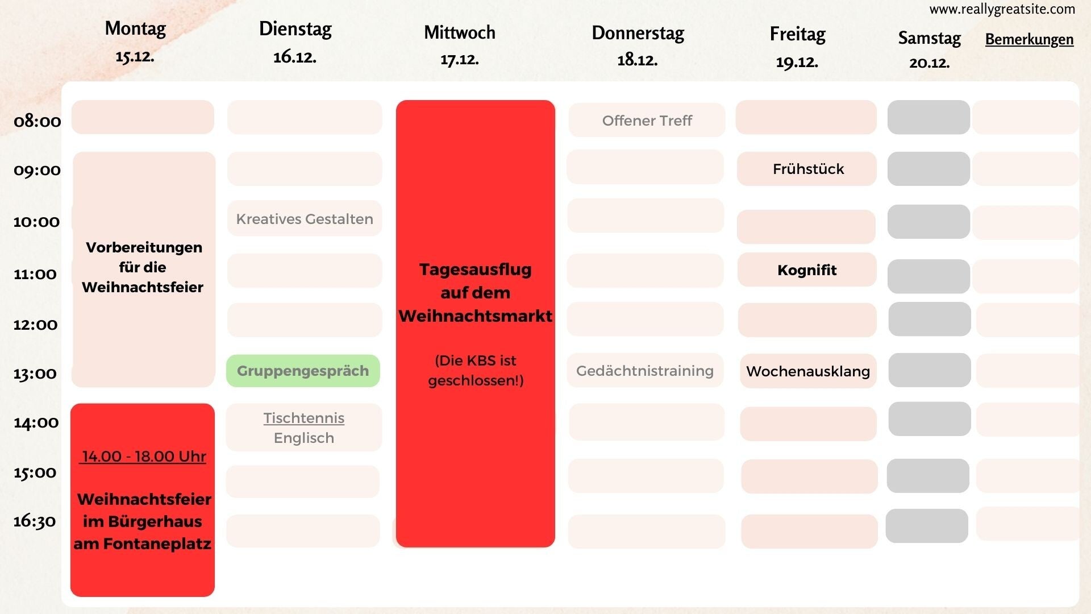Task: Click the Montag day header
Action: [135, 28]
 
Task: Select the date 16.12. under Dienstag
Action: [294, 57]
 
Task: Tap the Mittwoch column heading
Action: [459, 32]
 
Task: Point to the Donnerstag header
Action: [638, 33]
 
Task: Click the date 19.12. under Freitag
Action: [797, 62]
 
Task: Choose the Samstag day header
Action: [929, 38]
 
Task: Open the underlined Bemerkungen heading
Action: [1029, 39]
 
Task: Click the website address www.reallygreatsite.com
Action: [1002, 9]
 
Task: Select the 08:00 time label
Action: [38, 121]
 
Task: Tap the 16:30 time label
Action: [35, 521]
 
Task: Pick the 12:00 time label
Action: [35, 325]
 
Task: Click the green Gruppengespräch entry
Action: [303, 371]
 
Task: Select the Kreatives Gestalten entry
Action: [305, 219]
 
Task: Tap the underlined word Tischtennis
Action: [304, 418]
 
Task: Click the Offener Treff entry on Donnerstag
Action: [647, 121]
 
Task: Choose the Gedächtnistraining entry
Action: [645, 371]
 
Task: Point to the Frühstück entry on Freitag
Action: [808, 169]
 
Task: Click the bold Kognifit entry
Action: [807, 270]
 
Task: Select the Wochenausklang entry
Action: [808, 371]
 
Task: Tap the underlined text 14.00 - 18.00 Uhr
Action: [144, 457]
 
